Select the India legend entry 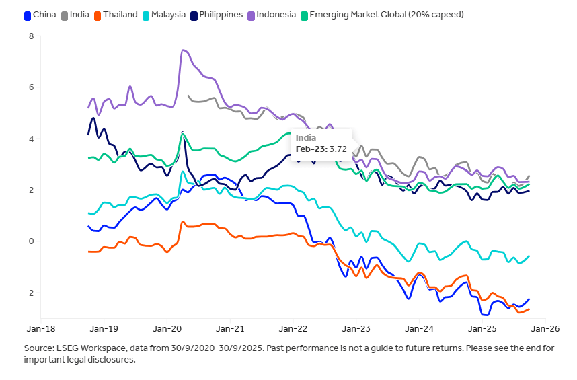(x=79, y=15)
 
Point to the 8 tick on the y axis (x=31, y=36)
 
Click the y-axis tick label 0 (x=31, y=241)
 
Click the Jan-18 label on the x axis (x=41, y=330)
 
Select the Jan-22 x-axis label (x=293, y=330)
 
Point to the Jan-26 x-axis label (x=545, y=330)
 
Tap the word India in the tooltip (x=306, y=137)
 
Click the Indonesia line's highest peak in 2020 (x=183, y=50)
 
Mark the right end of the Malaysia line (x=529, y=256)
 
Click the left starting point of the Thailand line (x=89, y=252)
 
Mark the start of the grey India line (x=188, y=96)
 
